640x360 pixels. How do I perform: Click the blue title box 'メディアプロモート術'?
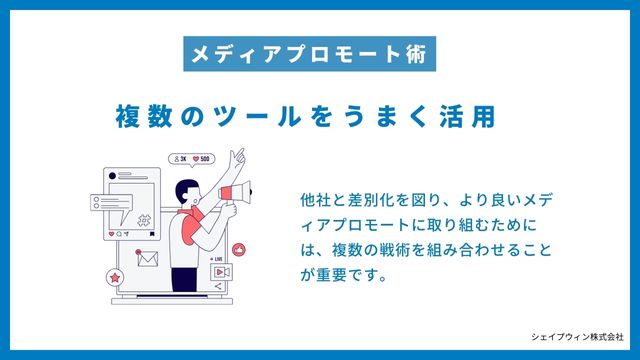pyautogui.click(x=311, y=52)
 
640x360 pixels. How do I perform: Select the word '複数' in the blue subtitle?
pyautogui.click(x=140, y=115)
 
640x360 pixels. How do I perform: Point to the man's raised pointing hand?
pyautogui.click(x=238, y=156)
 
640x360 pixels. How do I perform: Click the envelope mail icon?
pyautogui.click(x=149, y=258)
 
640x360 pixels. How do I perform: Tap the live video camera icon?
pyautogui.click(x=224, y=271)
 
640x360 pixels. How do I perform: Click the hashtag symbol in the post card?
pyautogui.click(x=145, y=221)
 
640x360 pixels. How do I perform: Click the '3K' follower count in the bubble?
pyautogui.click(x=181, y=158)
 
